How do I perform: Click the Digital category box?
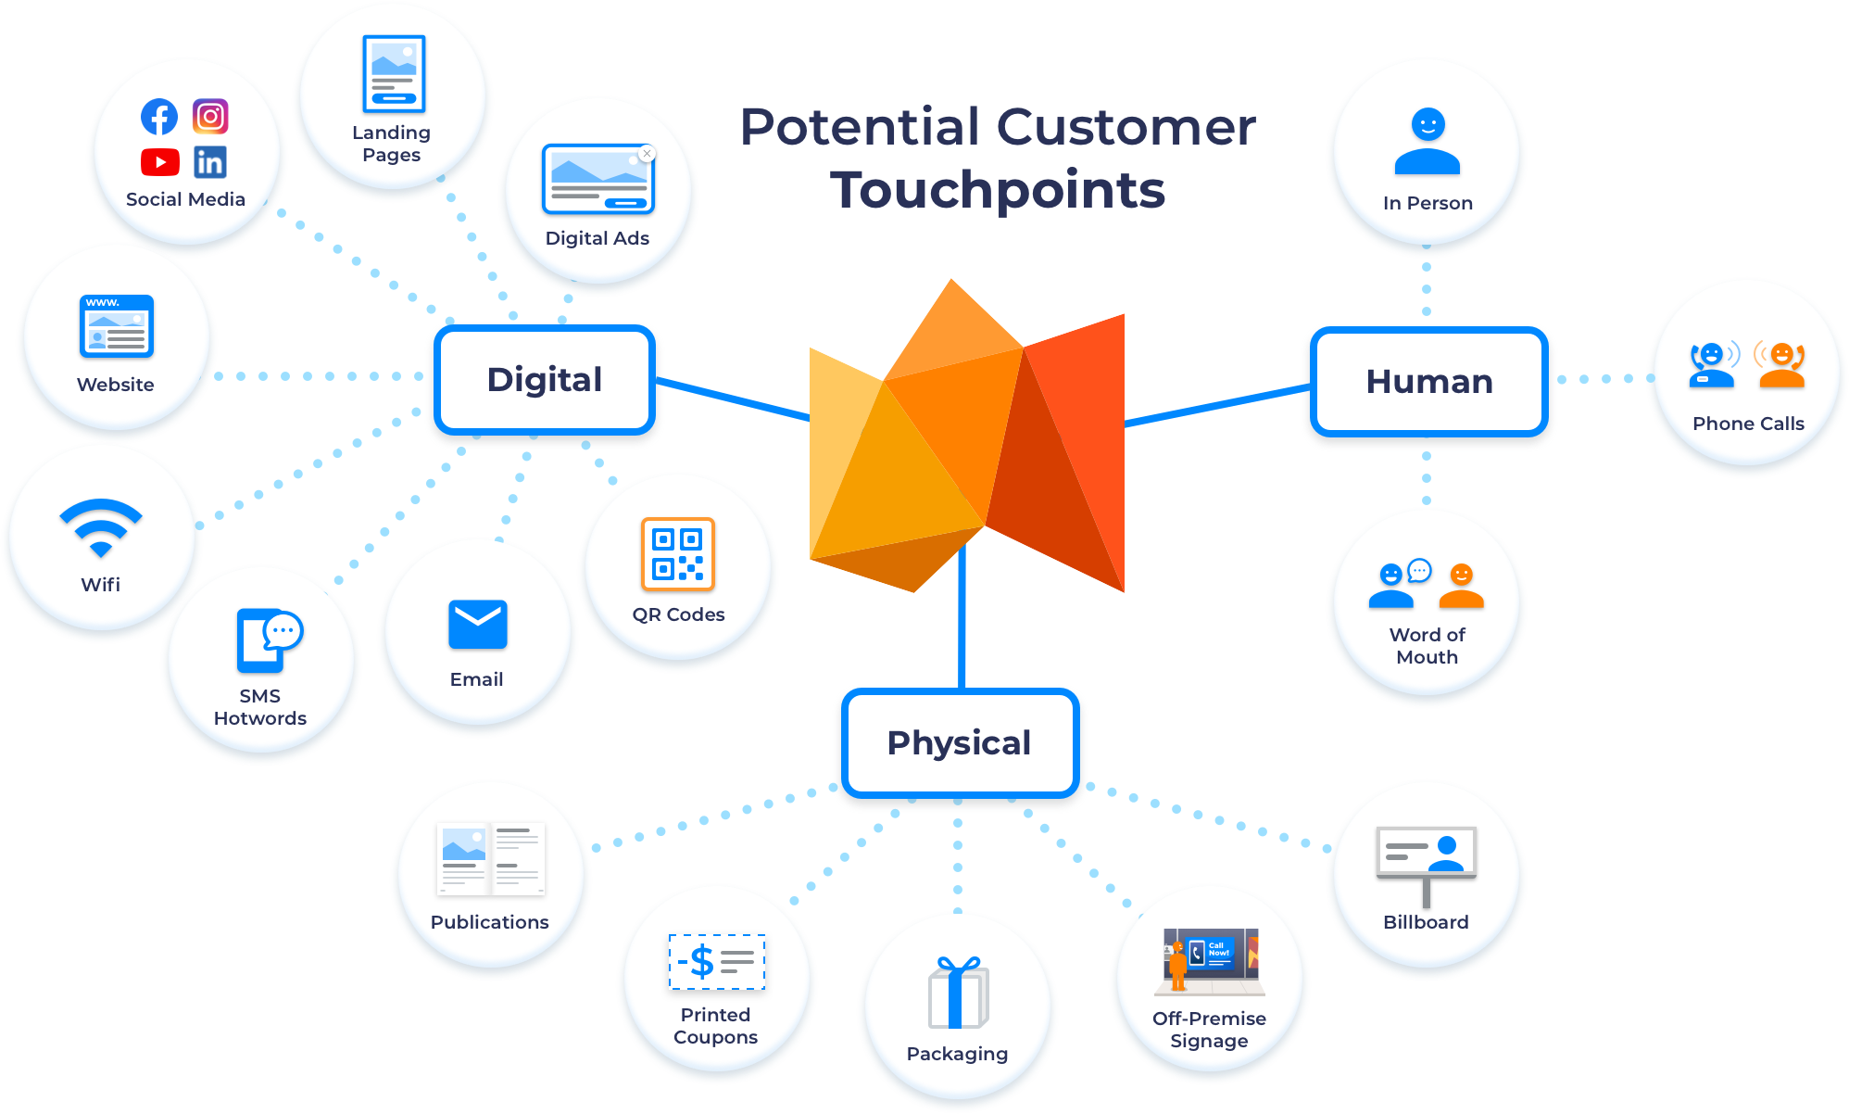click(545, 380)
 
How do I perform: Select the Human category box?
click(1428, 381)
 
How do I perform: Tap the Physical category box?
click(960, 742)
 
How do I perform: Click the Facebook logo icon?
click(159, 117)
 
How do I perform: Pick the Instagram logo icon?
click(210, 117)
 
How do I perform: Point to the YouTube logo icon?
click(160, 162)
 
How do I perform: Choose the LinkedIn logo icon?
click(210, 162)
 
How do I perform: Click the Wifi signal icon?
click(101, 527)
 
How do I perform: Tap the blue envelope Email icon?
click(478, 625)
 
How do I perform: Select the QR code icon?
click(678, 554)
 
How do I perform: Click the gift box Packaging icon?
click(958, 993)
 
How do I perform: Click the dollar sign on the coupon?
click(702, 961)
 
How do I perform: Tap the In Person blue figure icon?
click(1428, 141)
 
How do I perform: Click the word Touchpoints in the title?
click(998, 190)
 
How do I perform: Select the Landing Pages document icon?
click(394, 74)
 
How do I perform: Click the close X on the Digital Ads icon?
click(647, 154)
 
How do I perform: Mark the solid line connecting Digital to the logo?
click(733, 399)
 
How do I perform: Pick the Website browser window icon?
click(116, 326)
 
